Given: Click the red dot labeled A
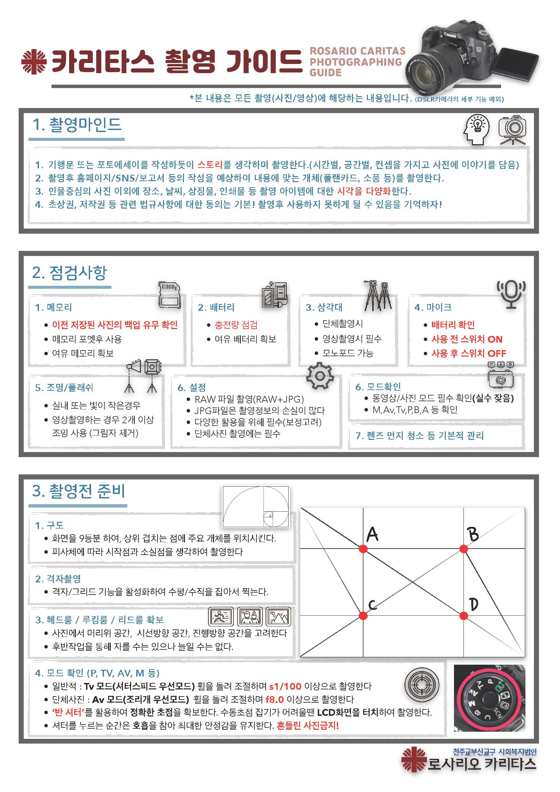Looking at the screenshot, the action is pos(363,549).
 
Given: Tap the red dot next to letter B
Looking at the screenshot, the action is pos(464,549).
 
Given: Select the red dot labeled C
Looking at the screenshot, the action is pos(363,615).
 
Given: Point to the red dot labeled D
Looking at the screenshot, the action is pos(464,615).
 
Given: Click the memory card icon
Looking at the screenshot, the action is pos(169,295).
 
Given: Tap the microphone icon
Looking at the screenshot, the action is pos(511,294).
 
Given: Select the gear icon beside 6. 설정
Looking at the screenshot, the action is pos(320,376).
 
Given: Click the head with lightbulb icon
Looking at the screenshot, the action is pos(477,129).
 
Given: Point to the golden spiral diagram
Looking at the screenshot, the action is pos(256,507).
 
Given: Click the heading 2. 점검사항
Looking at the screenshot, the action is pos(69,273).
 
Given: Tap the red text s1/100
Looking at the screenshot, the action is pos(285,686).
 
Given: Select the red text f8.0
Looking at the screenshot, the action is pos(275,700).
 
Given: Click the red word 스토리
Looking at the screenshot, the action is pos(210,165).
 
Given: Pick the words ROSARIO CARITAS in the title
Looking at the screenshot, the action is pos(357,51).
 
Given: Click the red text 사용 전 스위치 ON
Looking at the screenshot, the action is pos(467,339).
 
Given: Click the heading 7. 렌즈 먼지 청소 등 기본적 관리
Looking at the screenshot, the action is pos(419,436).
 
